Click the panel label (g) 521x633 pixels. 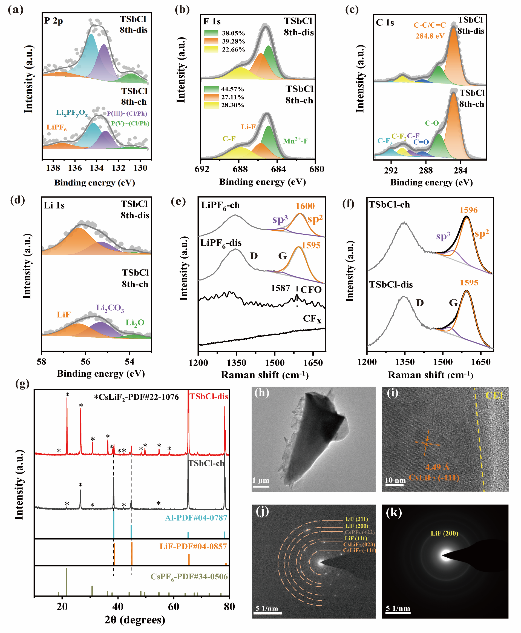pos(22,384)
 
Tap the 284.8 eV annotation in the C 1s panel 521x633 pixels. pos(430,36)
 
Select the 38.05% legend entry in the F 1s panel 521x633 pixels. pos(233,33)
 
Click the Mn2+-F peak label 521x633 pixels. pos(295,141)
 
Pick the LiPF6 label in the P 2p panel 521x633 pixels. pos(56,127)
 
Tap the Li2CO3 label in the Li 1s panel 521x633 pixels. pos(110,308)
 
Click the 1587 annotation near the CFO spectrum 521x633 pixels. pos(280,288)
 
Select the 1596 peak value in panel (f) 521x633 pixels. pos(468,210)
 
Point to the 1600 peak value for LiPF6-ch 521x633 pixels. pos(305,206)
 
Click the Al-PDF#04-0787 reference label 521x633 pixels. pos(196,518)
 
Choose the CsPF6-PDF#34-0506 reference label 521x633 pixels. pos(189,577)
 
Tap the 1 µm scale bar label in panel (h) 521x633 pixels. pos(261,480)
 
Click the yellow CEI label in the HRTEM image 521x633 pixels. pos(494,395)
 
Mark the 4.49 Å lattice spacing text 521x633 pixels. pos(437,467)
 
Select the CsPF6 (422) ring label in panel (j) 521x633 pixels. pos(359,532)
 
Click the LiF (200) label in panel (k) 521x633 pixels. pos(444,533)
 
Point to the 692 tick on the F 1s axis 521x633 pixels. pos(202,169)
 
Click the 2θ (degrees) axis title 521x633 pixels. pos(135,620)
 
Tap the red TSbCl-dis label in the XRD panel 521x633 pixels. pos(209,397)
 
